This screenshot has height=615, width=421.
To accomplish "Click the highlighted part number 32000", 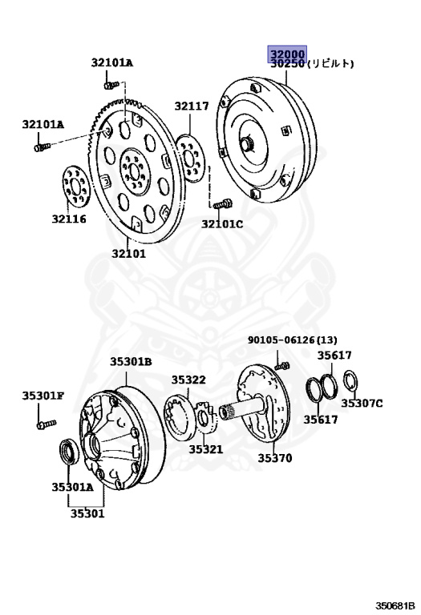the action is tap(287, 54).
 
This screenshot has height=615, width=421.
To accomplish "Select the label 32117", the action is tap(192, 106).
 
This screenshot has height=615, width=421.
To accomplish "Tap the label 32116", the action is tap(69, 219).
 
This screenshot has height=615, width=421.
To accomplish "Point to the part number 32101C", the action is tap(222, 224).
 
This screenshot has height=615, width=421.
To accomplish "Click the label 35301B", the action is tap(131, 361).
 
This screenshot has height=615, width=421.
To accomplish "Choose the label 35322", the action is tap(188, 380).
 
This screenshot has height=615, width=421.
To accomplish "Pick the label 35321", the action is tap(206, 449).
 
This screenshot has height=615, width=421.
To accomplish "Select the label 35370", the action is tap(275, 458).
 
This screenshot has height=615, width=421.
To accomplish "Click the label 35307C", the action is tap(362, 403).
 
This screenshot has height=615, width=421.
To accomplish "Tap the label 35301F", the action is tap(43, 396).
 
